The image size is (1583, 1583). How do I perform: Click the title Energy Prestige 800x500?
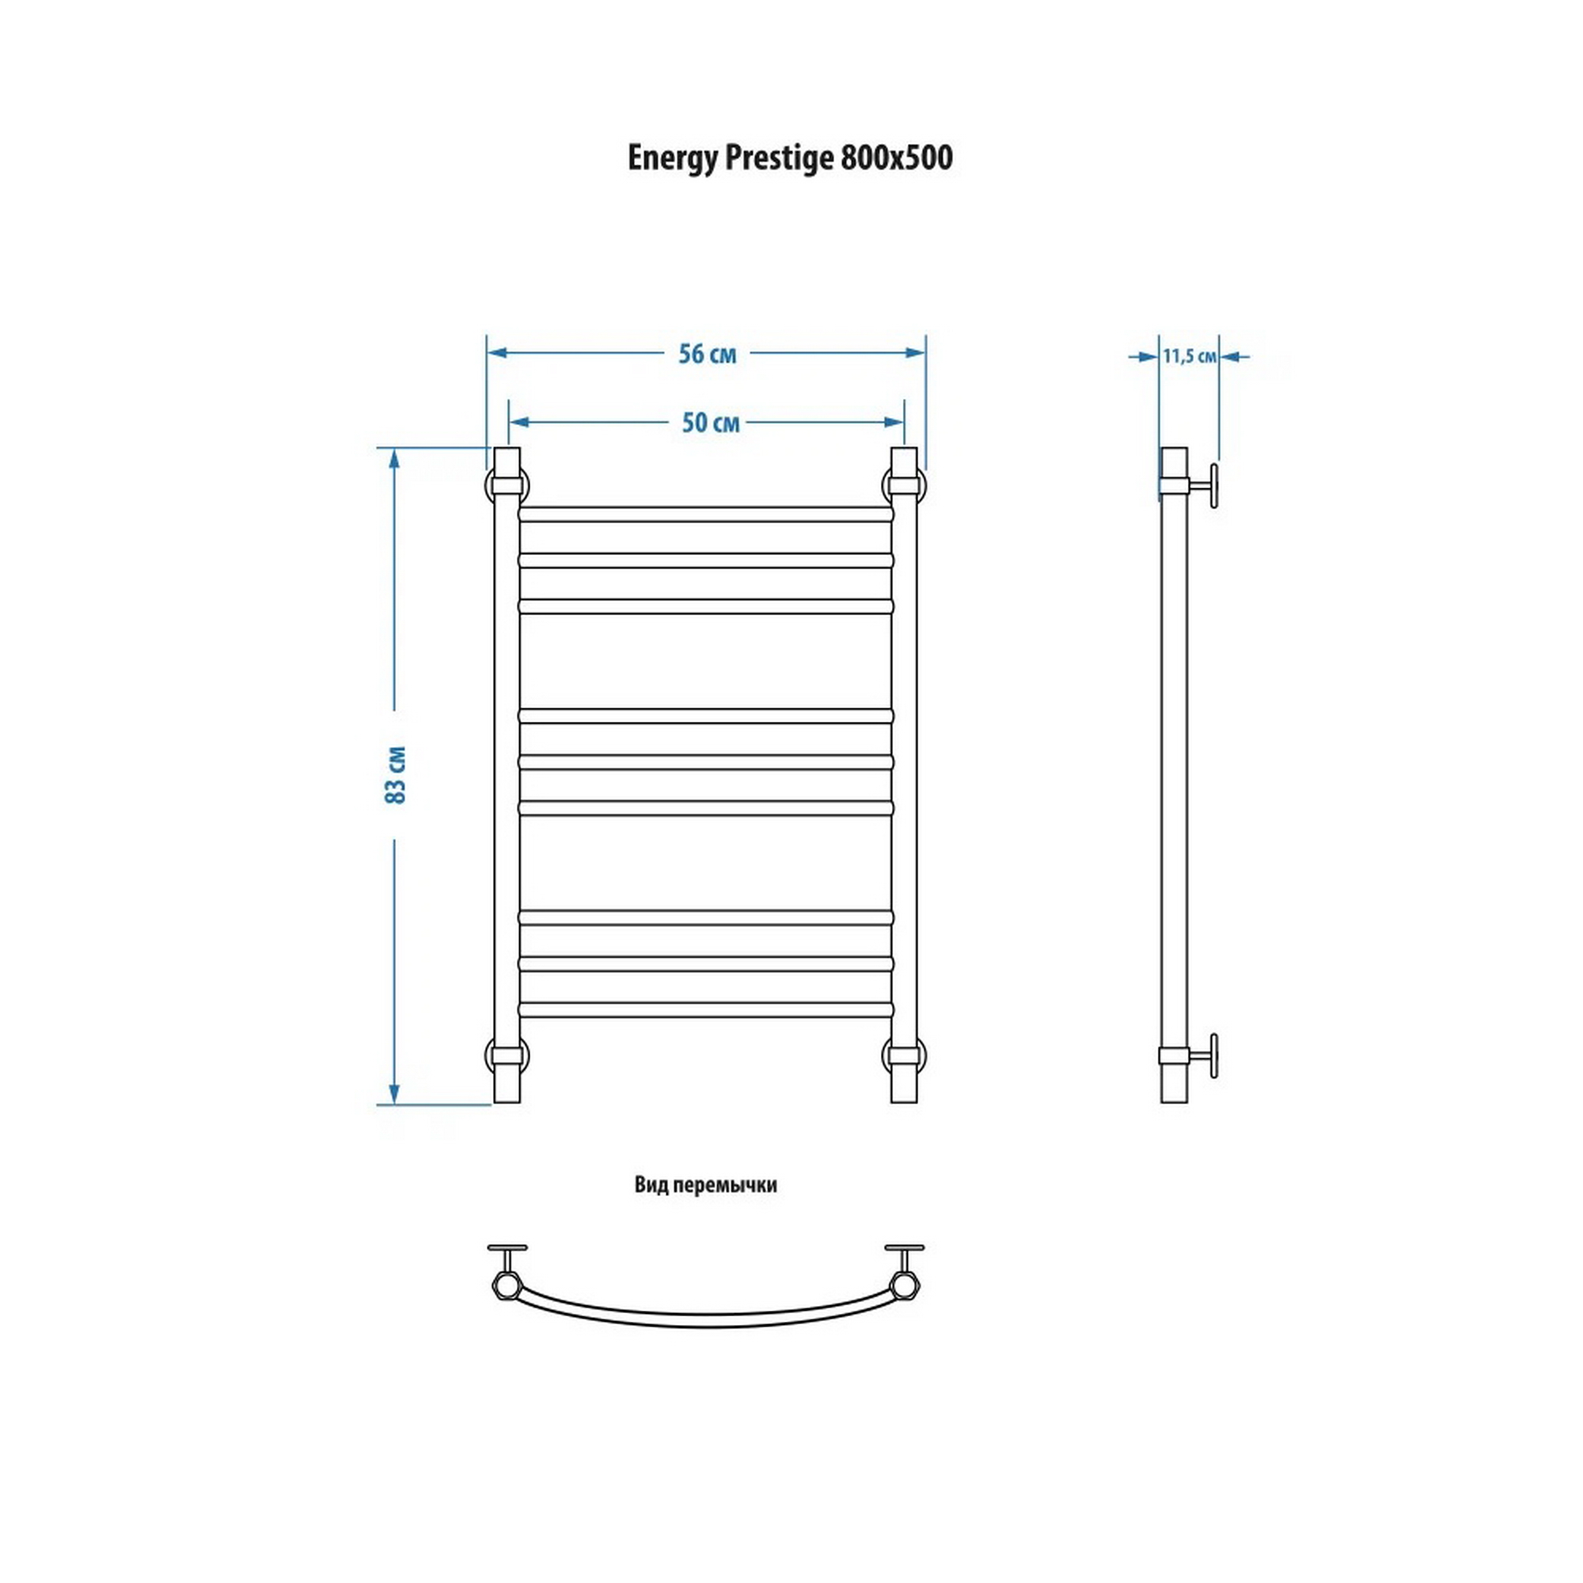(790, 158)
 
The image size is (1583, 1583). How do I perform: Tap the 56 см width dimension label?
(707, 354)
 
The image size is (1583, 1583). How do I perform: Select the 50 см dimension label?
(711, 423)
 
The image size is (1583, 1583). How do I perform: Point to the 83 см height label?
(396, 774)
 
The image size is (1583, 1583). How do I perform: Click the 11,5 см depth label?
(1189, 356)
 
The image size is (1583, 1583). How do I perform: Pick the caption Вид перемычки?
(705, 1186)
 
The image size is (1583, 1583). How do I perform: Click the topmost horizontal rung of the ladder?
(705, 514)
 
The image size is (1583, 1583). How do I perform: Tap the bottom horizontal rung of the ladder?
(705, 1010)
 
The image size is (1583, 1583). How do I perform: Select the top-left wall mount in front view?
(507, 485)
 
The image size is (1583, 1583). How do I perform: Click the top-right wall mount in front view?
(904, 485)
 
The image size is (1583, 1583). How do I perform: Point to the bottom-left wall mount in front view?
(507, 1055)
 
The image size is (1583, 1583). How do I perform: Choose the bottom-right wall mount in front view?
(904, 1055)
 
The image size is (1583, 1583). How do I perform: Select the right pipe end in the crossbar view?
(905, 1284)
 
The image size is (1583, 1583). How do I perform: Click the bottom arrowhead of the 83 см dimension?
(394, 1094)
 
